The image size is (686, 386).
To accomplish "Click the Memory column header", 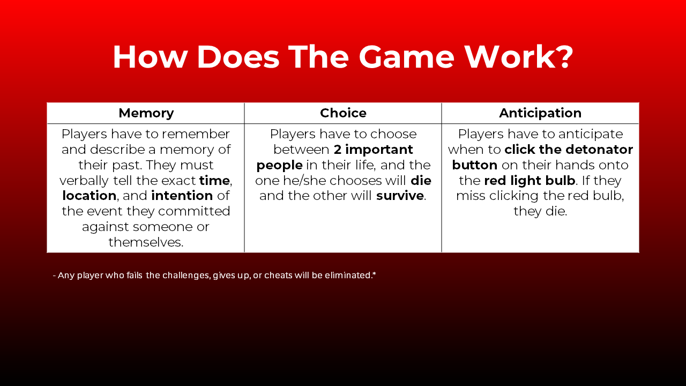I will [146, 113].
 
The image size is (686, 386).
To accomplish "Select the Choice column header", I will [343, 113].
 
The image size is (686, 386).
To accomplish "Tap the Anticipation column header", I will [540, 113].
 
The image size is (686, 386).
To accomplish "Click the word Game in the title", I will [406, 57].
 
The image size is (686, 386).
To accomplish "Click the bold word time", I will [214, 180].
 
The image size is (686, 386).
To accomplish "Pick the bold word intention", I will [182, 196].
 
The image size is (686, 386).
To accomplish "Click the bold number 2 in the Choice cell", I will [338, 149].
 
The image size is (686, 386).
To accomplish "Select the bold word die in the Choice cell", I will [421, 180].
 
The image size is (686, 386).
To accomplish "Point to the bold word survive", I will [400, 196].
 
